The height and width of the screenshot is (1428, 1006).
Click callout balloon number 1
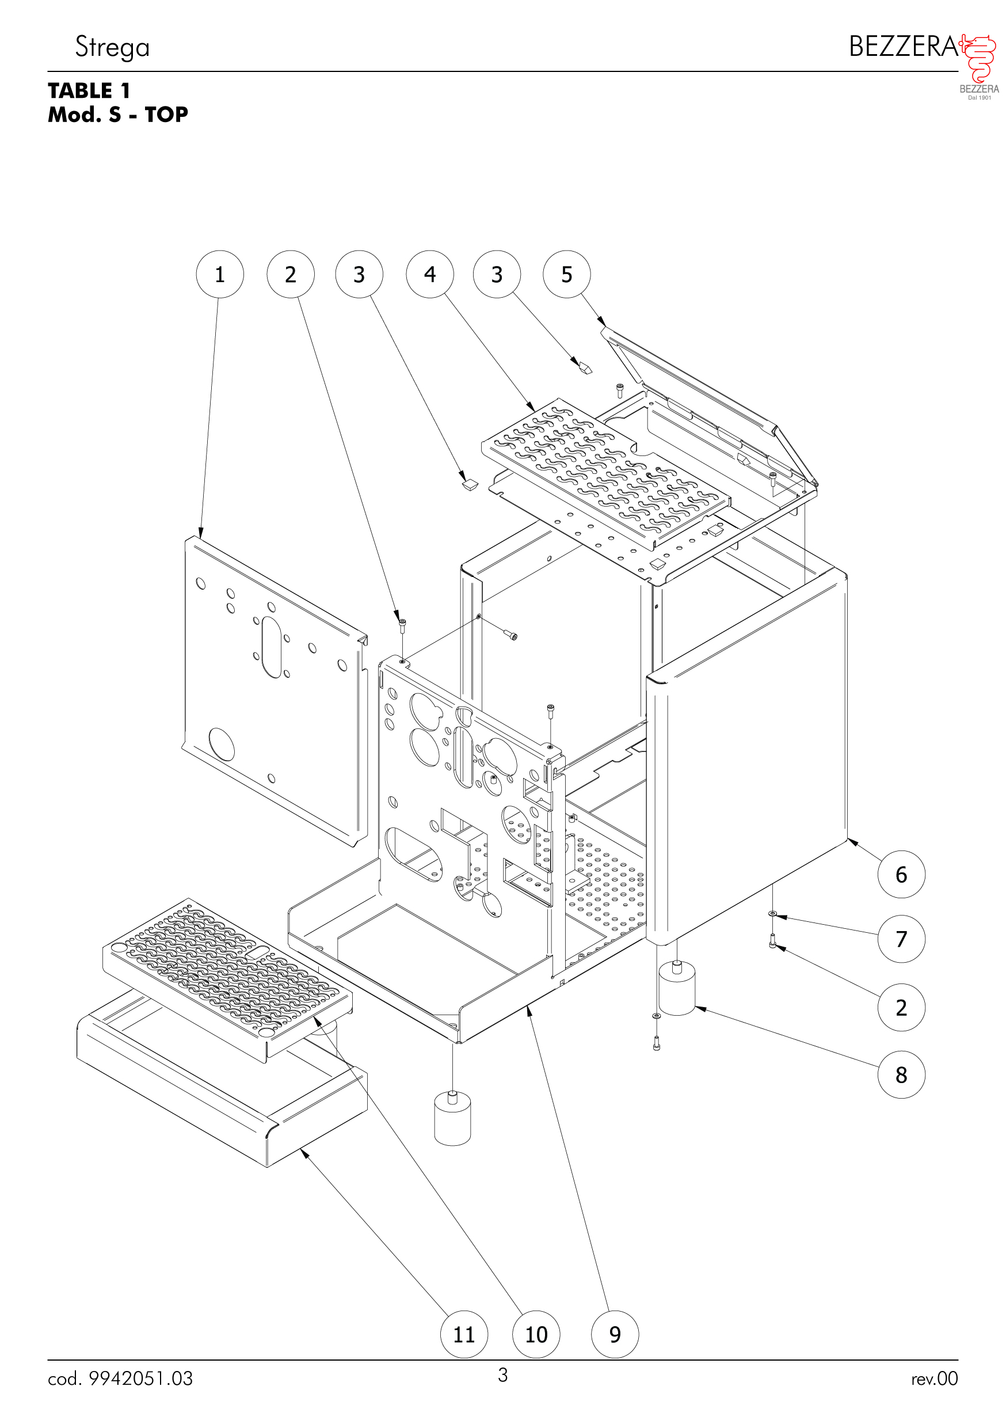click(x=219, y=274)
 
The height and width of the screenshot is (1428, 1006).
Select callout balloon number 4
click(x=430, y=274)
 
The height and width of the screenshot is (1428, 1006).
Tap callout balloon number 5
click(x=566, y=274)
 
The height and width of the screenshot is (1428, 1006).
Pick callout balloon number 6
click(x=901, y=874)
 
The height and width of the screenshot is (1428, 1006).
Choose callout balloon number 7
click(x=901, y=939)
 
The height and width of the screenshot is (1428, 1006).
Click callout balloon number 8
click(x=901, y=1074)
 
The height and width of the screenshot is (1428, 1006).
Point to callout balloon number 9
click(x=614, y=1334)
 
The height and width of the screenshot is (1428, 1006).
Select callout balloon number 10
click(x=536, y=1334)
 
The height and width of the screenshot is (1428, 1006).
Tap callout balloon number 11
click(x=464, y=1334)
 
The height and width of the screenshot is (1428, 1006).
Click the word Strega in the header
click(x=113, y=47)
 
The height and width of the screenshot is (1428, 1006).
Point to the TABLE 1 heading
click(x=89, y=91)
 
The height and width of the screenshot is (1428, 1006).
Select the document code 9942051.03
click(x=140, y=1378)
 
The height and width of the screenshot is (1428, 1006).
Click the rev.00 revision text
click(x=934, y=1378)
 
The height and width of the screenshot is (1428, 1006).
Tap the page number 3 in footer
click(x=502, y=1374)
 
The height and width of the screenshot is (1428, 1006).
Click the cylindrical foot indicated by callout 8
click(x=676, y=989)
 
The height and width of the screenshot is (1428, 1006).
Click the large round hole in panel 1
click(x=222, y=745)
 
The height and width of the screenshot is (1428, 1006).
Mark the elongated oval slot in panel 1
click(x=272, y=647)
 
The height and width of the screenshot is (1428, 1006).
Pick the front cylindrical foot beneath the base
click(x=452, y=1119)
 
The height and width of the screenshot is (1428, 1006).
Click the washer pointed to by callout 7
click(x=772, y=913)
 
